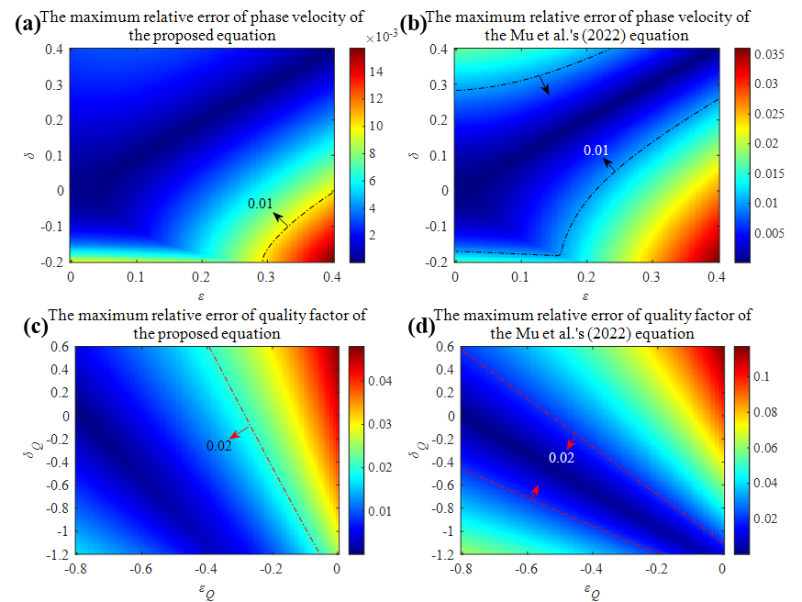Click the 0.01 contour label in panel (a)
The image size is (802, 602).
[261, 204]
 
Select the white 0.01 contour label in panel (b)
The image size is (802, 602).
[597, 150]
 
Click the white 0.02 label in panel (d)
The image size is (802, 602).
[561, 457]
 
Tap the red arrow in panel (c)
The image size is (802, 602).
[240, 435]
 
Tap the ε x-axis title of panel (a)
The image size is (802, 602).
[201, 295]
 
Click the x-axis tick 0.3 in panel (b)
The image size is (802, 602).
[652, 275]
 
